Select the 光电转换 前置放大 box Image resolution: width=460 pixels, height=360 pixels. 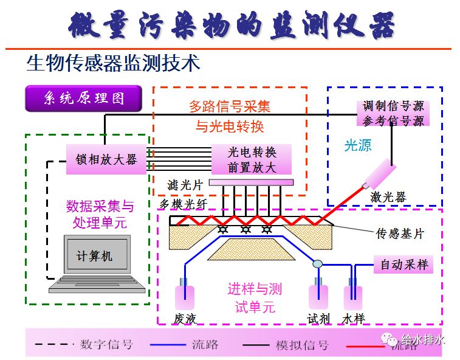point(252,160)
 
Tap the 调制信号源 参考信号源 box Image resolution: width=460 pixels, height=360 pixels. point(393,113)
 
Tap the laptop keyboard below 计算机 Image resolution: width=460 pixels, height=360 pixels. point(97,285)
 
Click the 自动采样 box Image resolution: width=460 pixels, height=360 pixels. point(404,265)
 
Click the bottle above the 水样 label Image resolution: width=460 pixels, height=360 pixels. point(352,296)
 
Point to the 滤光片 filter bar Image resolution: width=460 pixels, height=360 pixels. point(251,182)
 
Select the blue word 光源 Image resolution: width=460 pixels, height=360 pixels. point(357,145)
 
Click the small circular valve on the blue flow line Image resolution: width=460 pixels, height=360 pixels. point(317,264)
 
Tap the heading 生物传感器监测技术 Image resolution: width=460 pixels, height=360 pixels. point(113,63)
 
